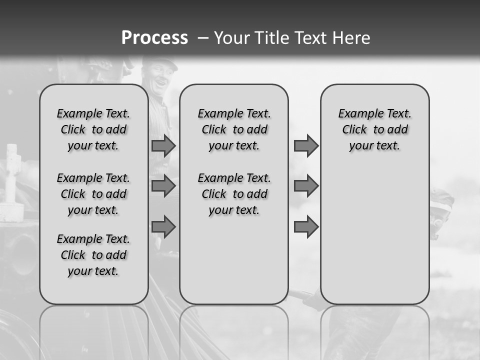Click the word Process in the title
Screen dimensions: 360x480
[x=154, y=37]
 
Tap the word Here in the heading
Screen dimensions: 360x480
[x=351, y=38]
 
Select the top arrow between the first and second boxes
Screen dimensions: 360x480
[x=163, y=145]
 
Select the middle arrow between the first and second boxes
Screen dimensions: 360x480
[x=163, y=186]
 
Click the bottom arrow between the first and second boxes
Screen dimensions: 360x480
[x=163, y=227]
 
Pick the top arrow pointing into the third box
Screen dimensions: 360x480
[x=306, y=145]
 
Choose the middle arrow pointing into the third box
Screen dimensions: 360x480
[x=306, y=186]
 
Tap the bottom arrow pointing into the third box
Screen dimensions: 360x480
[x=306, y=227]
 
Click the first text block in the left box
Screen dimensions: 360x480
[x=93, y=129]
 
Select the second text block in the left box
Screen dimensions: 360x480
[x=93, y=194]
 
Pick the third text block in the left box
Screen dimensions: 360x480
[x=93, y=255]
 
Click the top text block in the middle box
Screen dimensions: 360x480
[x=234, y=129]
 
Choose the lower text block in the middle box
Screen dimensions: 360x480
[x=234, y=194]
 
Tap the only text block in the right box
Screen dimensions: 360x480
[x=375, y=129]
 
